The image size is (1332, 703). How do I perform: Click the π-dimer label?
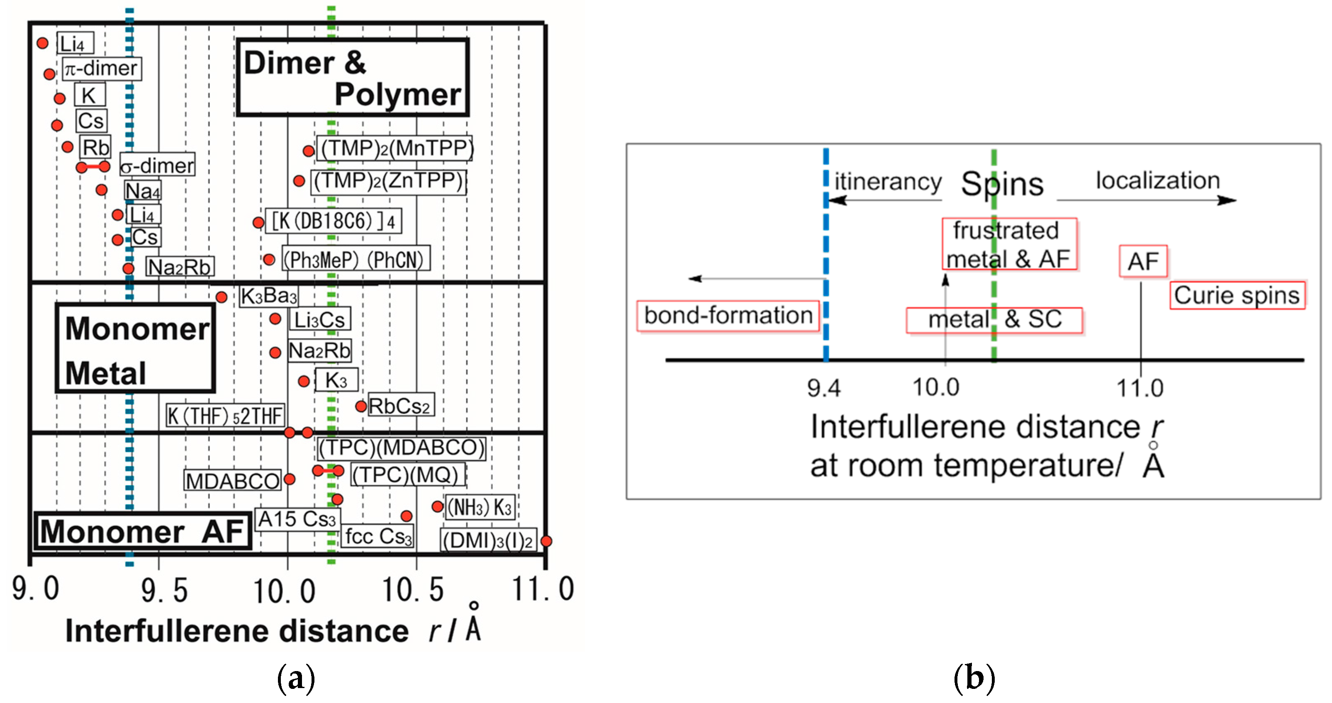pyautogui.click(x=102, y=69)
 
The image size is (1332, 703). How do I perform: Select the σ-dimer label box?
pyautogui.click(x=157, y=165)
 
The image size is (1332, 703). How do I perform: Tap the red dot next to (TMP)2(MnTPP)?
pyautogui.click(x=309, y=151)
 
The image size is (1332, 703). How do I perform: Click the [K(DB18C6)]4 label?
pyautogui.click(x=334, y=221)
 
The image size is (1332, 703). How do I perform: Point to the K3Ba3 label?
pyautogui.click(x=269, y=296)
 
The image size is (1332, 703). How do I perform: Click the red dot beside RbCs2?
pyautogui.click(x=361, y=406)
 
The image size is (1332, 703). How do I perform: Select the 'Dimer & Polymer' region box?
pyautogui.click(x=353, y=78)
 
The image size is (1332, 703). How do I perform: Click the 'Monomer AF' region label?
pyautogui.click(x=143, y=531)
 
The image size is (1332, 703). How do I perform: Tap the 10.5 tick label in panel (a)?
pyautogui.click(x=413, y=590)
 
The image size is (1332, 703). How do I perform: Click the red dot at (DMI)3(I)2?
pyautogui.click(x=546, y=541)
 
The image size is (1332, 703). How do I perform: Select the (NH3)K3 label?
pyautogui.click(x=480, y=508)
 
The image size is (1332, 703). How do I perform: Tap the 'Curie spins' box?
pyautogui.click(x=1237, y=296)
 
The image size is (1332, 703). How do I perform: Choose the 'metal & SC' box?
pyautogui.click(x=994, y=320)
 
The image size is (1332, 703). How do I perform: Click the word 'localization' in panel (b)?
pyautogui.click(x=1158, y=181)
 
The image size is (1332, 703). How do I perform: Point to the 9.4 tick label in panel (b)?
pyautogui.click(x=824, y=388)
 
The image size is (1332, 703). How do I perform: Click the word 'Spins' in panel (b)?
pyautogui.click(x=1002, y=185)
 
